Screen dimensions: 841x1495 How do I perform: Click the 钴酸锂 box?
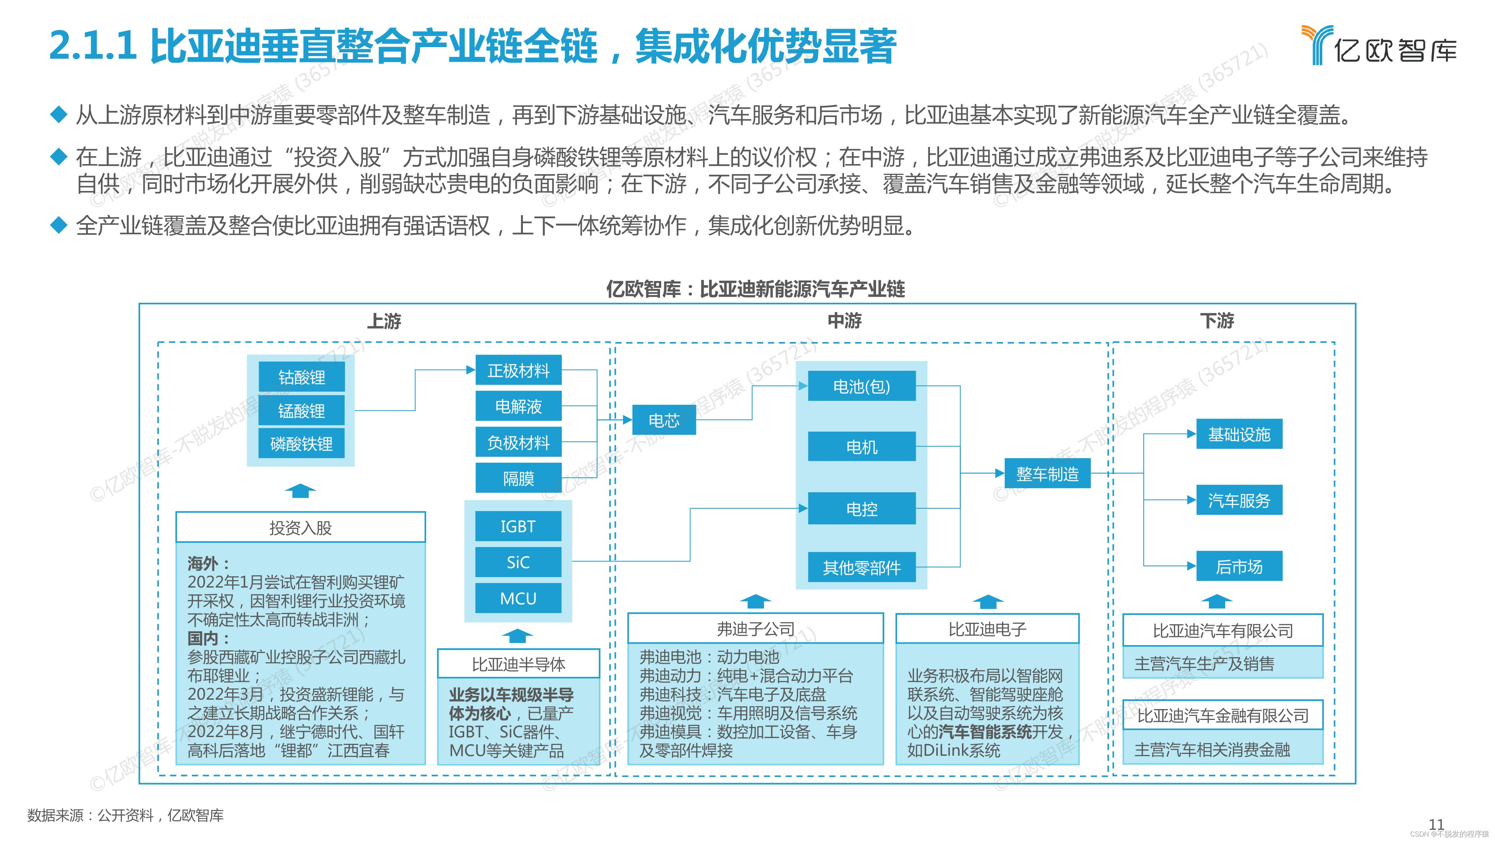[x=301, y=377]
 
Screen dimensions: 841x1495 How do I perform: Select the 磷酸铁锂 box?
[x=301, y=444]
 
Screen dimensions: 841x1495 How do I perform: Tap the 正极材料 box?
[x=518, y=370]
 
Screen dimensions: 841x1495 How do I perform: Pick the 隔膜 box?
[x=518, y=478]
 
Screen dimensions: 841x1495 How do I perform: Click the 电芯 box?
[x=663, y=420]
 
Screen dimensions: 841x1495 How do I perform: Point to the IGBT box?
[x=518, y=526]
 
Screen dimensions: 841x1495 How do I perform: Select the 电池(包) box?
[x=861, y=386]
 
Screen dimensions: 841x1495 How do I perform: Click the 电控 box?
[x=861, y=508]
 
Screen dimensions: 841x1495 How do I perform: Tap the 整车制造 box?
[x=1047, y=474]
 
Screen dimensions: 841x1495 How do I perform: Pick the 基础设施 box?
[x=1239, y=434]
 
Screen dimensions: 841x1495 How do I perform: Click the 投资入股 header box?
[x=300, y=527]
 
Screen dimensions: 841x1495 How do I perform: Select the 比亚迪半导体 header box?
[x=518, y=664]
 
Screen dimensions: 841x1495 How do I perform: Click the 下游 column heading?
[x=1217, y=320]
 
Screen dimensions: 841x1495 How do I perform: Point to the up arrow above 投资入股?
[x=300, y=491]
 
